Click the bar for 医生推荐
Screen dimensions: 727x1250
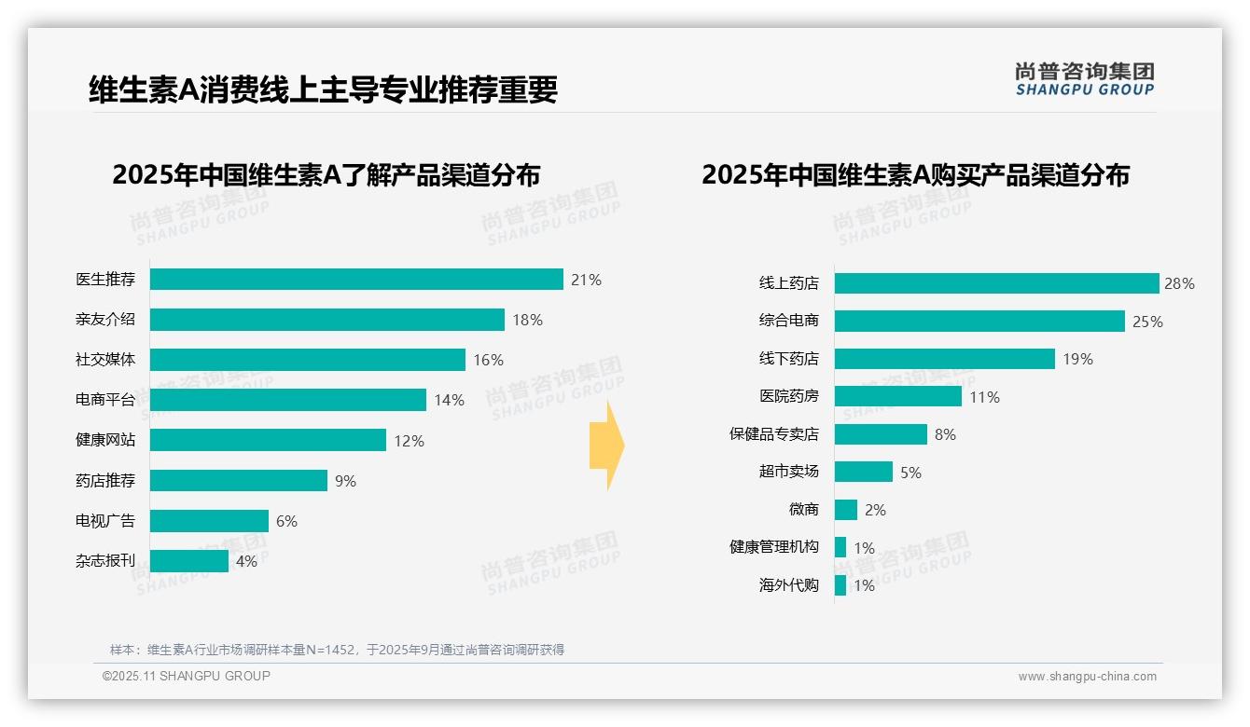pos(356,280)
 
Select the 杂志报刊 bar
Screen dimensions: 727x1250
pos(189,561)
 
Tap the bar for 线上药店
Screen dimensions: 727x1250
pos(996,283)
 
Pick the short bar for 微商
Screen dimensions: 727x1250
pos(846,510)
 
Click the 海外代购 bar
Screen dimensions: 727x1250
pos(840,585)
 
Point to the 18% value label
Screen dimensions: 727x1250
pos(527,320)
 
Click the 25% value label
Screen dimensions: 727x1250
pos(1147,322)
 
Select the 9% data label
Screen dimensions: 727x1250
pos(345,481)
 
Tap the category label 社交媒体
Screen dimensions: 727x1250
pos(105,360)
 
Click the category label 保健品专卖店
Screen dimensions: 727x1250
pos(773,434)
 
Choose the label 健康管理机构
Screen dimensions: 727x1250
pos(773,547)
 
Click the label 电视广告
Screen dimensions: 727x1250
pos(105,521)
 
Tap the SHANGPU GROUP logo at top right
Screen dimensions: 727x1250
pos(1084,79)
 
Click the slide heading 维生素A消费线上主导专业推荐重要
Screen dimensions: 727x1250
pos(323,90)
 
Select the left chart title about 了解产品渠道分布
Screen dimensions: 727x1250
pos(326,175)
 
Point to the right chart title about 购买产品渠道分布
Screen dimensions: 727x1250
pos(915,175)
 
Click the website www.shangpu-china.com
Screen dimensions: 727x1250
pos(1087,677)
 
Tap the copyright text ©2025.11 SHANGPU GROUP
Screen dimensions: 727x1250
pos(187,676)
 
